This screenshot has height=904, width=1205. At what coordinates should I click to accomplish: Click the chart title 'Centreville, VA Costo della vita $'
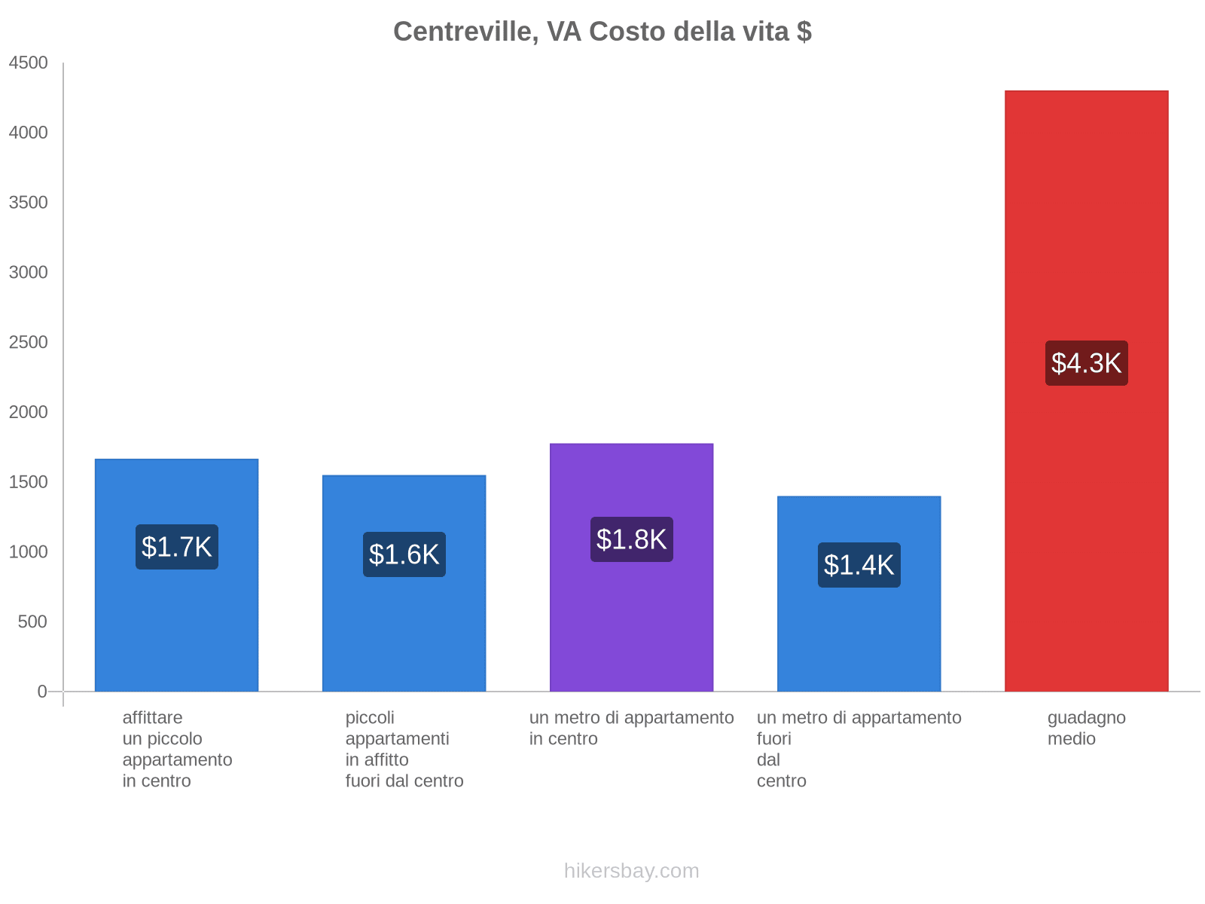click(x=602, y=32)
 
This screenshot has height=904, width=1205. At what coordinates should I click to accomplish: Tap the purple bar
click(x=631, y=618)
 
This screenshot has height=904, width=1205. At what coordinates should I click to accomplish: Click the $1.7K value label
click(x=177, y=547)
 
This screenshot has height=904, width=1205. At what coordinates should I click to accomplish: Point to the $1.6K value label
click(x=404, y=554)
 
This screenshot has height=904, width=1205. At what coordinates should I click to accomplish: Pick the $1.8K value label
click(x=631, y=539)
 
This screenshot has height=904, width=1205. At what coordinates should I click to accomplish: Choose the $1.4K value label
click(x=859, y=565)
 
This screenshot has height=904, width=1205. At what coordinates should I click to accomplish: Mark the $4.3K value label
click(x=1086, y=363)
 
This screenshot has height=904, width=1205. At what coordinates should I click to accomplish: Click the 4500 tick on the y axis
click(x=29, y=63)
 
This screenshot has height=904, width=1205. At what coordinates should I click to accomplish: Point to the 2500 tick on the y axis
click(x=29, y=343)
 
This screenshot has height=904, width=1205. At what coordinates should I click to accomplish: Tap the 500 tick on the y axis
click(x=32, y=622)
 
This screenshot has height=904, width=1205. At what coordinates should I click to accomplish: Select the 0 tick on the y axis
click(x=42, y=692)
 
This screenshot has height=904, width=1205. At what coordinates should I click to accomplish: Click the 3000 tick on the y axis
click(x=29, y=273)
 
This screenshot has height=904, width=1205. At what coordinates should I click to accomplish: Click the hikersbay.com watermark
click(x=631, y=871)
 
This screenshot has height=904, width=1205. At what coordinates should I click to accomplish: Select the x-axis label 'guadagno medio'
click(x=1086, y=728)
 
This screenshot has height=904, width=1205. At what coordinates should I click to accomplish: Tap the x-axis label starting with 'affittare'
click(x=177, y=749)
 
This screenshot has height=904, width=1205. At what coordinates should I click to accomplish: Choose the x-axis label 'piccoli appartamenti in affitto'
click(x=404, y=749)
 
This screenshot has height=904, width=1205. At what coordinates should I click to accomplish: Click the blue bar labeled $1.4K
click(x=859, y=640)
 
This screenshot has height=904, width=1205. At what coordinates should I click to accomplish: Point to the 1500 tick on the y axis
click(x=29, y=482)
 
